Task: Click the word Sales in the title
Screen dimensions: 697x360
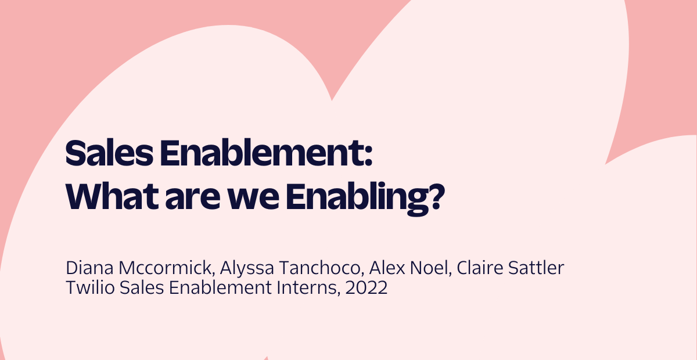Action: coord(109,153)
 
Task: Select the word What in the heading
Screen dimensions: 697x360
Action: coord(112,196)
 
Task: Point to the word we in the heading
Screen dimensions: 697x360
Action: coord(253,199)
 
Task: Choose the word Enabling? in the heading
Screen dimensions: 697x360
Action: coord(365,199)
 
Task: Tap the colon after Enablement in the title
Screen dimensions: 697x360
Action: coord(368,157)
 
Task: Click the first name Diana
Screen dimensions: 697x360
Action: coord(89,268)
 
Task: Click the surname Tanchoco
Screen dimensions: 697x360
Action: coord(321,268)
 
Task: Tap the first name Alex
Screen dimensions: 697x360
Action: coord(387,268)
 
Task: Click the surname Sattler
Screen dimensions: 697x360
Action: coord(536,268)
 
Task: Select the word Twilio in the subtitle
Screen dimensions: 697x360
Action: coord(90,287)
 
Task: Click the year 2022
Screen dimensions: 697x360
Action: coord(367,287)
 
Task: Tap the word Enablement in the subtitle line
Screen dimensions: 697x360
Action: coord(220,287)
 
